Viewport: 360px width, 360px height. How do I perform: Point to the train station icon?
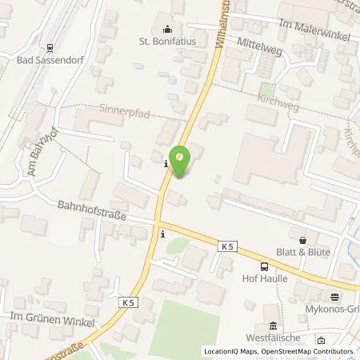pos(49,46)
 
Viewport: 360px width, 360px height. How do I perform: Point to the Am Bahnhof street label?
pos(38,158)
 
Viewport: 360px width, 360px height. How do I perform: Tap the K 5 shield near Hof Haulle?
pos(227,250)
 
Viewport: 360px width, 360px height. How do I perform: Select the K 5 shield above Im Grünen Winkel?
pos(130,302)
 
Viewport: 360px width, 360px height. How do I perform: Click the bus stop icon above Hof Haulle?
pos(264,266)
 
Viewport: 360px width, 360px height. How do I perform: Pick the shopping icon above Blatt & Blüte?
pos(302,239)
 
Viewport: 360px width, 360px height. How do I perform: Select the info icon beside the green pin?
pos(165,164)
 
